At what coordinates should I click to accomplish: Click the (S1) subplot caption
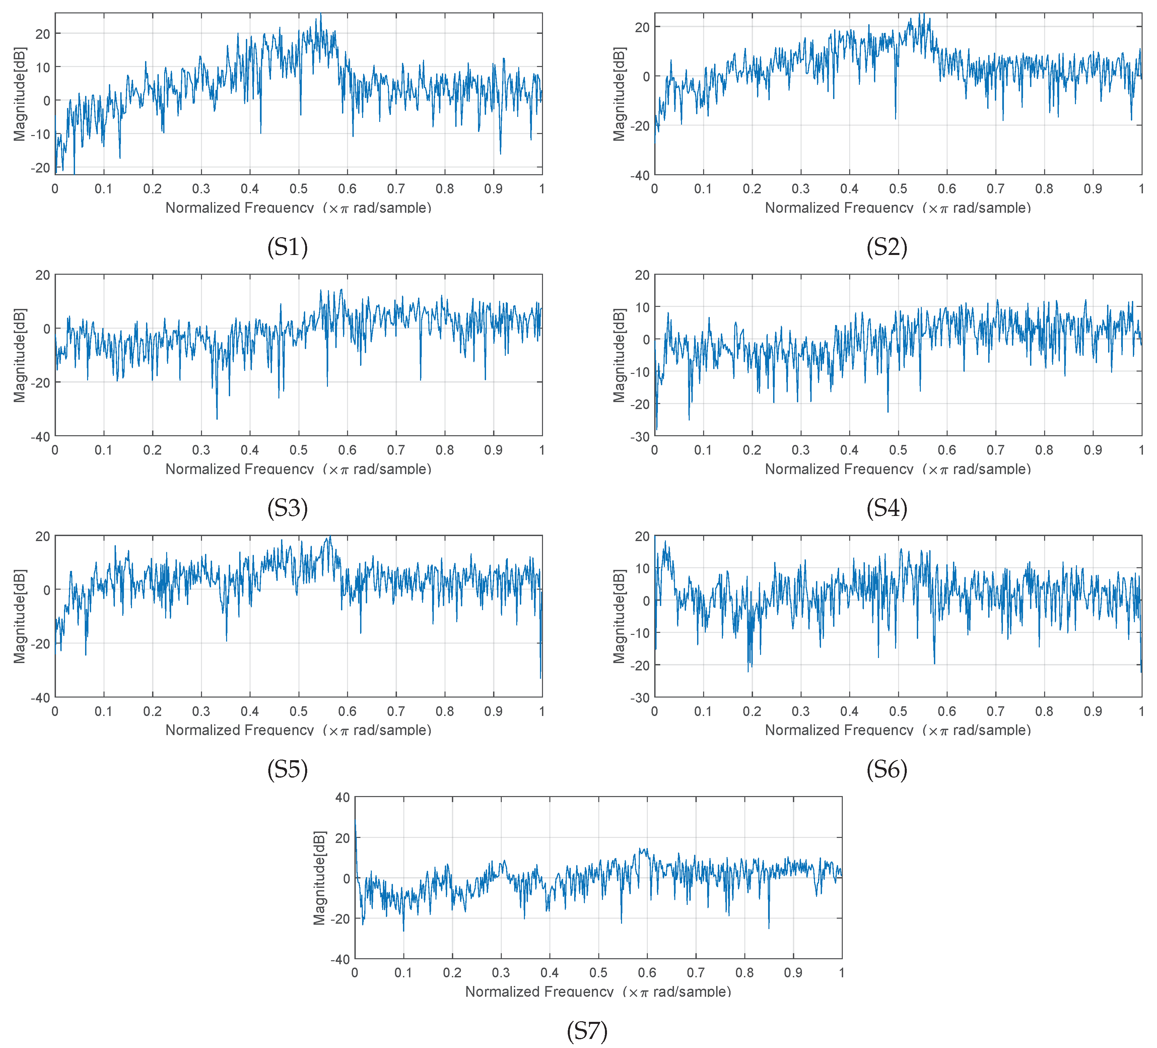[287, 247]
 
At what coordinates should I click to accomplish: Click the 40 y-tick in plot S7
[343, 797]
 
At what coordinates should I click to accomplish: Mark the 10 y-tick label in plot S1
[43, 67]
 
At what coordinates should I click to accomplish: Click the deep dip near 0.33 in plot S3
[217, 418]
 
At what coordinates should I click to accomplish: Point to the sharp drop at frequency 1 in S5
[541, 677]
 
